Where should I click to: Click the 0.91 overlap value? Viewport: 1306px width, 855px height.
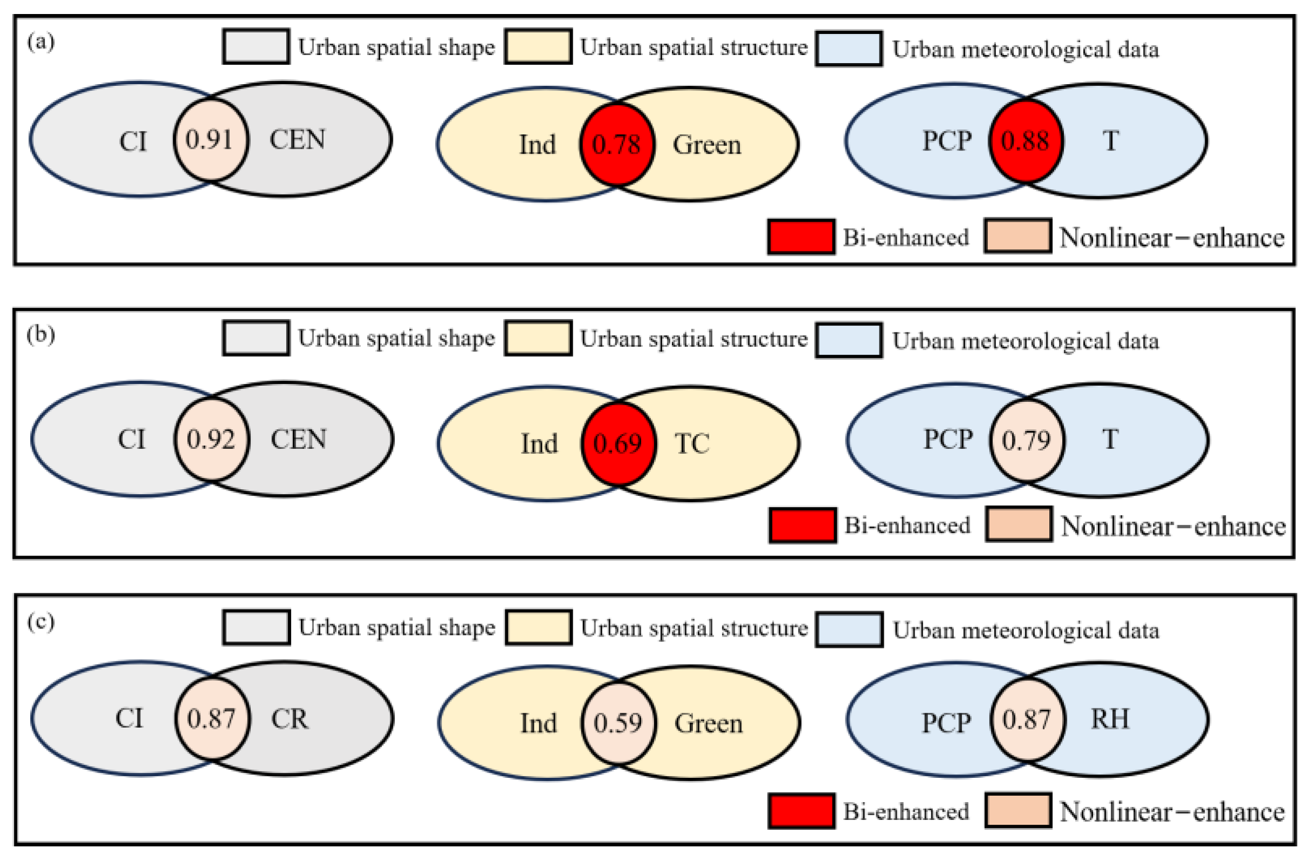coord(210,139)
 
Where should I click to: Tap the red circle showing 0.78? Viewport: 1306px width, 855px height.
coord(617,145)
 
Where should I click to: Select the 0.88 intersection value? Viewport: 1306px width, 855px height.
coord(1025,141)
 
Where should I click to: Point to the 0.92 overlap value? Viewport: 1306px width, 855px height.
coord(211,439)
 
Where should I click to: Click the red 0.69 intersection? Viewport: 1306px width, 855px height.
coord(618,443)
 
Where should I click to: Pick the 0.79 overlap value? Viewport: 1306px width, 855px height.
coord(1026,440)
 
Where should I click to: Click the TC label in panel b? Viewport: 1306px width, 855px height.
coord(691,443)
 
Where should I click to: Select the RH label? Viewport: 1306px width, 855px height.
coord(1110,719)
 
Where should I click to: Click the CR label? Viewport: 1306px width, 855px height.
coord(290,719)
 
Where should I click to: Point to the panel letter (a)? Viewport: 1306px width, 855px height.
coord(41,42)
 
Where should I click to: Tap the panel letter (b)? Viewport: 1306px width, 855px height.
coord(41,335)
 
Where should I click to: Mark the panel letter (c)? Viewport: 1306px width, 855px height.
coord(41,623)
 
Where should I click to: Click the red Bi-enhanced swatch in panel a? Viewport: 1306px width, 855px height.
coord(801,237)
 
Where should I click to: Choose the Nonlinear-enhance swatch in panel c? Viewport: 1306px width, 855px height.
coord(1018,810)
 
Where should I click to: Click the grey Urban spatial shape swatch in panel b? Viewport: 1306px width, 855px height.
coord(256,339)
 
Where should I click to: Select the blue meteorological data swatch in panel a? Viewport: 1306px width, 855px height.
coord(849,49)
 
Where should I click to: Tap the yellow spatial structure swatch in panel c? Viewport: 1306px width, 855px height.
coord(538,627)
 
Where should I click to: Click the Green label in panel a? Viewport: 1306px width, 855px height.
coord(707,145)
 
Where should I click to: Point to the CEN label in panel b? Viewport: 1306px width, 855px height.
coord(298,439)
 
